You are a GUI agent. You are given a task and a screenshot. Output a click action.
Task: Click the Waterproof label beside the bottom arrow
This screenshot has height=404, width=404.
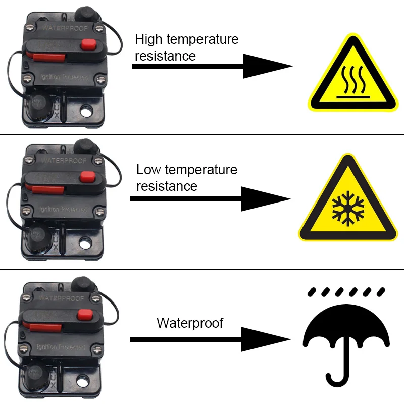point(190,323)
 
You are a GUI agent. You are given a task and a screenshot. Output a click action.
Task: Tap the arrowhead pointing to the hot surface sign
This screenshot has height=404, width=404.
point(265,66)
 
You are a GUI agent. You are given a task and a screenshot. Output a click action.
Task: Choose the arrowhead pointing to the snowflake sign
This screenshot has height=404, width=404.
point(264,198)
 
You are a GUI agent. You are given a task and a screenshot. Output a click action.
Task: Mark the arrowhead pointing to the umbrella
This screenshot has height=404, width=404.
point(264,339)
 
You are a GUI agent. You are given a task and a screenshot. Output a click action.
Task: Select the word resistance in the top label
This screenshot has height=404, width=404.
point(165,56)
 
